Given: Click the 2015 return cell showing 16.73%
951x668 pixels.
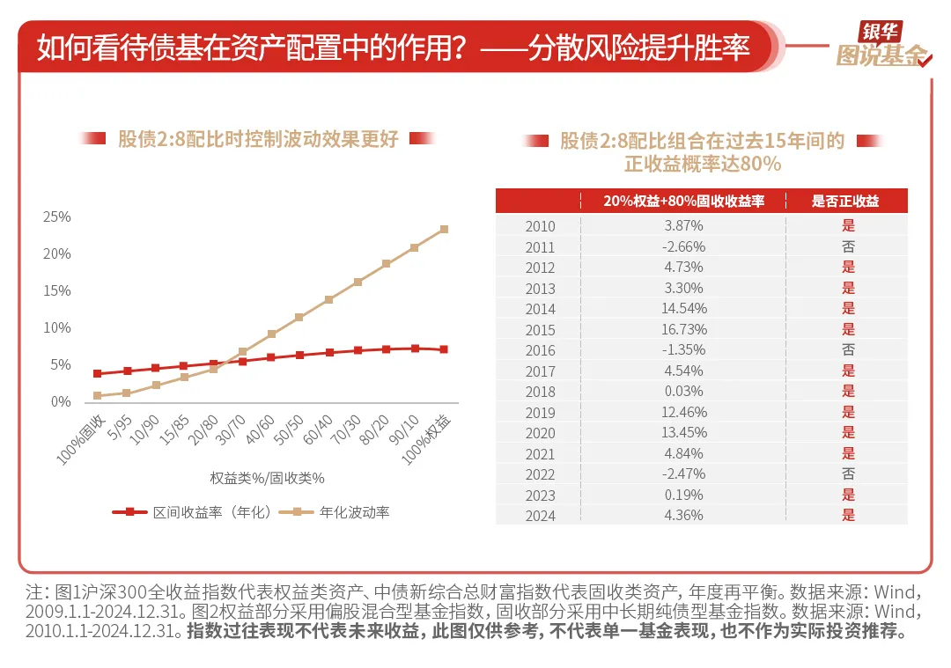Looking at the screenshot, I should (x=683, y=330).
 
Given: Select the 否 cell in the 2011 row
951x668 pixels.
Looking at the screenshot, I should (x=848, y=247).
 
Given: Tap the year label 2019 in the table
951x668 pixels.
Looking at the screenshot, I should (x=540, y=413).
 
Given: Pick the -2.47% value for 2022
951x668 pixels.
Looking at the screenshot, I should (x=683, y=474).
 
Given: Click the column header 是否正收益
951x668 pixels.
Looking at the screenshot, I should (x=845, y=202).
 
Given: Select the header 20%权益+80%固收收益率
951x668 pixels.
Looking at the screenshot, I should (x=683, y=202).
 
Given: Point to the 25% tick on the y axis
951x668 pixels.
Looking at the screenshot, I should (x=56, y=217).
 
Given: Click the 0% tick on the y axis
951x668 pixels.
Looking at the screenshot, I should (x=60, y=402).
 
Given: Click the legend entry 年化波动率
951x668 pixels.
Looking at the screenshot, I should (x=354, y=511).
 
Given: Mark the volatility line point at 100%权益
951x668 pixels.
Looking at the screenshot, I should (x=444, y=229).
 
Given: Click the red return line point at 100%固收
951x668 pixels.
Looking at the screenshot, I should (x=97, y=374).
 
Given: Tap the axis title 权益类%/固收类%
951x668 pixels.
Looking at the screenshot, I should (x=267, y=478).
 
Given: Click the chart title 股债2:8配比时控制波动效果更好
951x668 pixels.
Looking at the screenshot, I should (x=258, y=138).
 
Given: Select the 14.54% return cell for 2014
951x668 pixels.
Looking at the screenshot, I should (x=683, y=309).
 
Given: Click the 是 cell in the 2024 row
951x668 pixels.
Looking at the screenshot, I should (x=848, y=516).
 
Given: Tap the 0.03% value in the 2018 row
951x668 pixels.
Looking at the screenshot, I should (x=683, y=392).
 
